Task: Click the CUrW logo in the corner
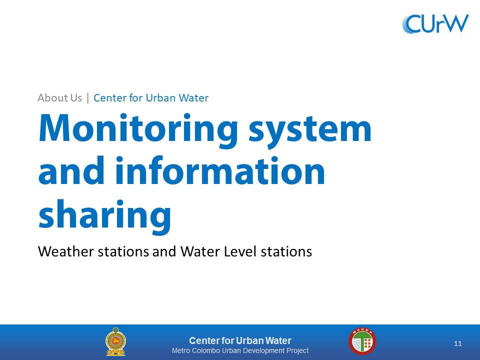[435, 23]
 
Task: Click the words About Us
[59, 98]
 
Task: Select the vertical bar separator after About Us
[88, 98]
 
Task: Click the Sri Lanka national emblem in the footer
[115, 341]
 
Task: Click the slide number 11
[458, 343]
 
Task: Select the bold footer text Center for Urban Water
[240, 340]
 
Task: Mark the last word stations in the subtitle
[286, 251]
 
